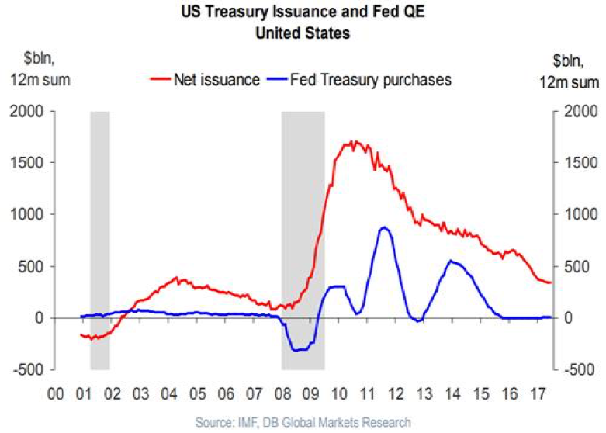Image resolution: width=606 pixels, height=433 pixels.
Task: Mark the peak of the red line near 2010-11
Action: click(353, 142)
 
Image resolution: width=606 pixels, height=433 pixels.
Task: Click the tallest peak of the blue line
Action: click(383, 227)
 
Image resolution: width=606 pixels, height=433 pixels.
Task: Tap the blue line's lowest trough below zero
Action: click(298, 350)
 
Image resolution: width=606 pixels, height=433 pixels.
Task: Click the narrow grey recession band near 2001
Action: click(100, 233)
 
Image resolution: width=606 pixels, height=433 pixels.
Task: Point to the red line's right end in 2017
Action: click(549, 282)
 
